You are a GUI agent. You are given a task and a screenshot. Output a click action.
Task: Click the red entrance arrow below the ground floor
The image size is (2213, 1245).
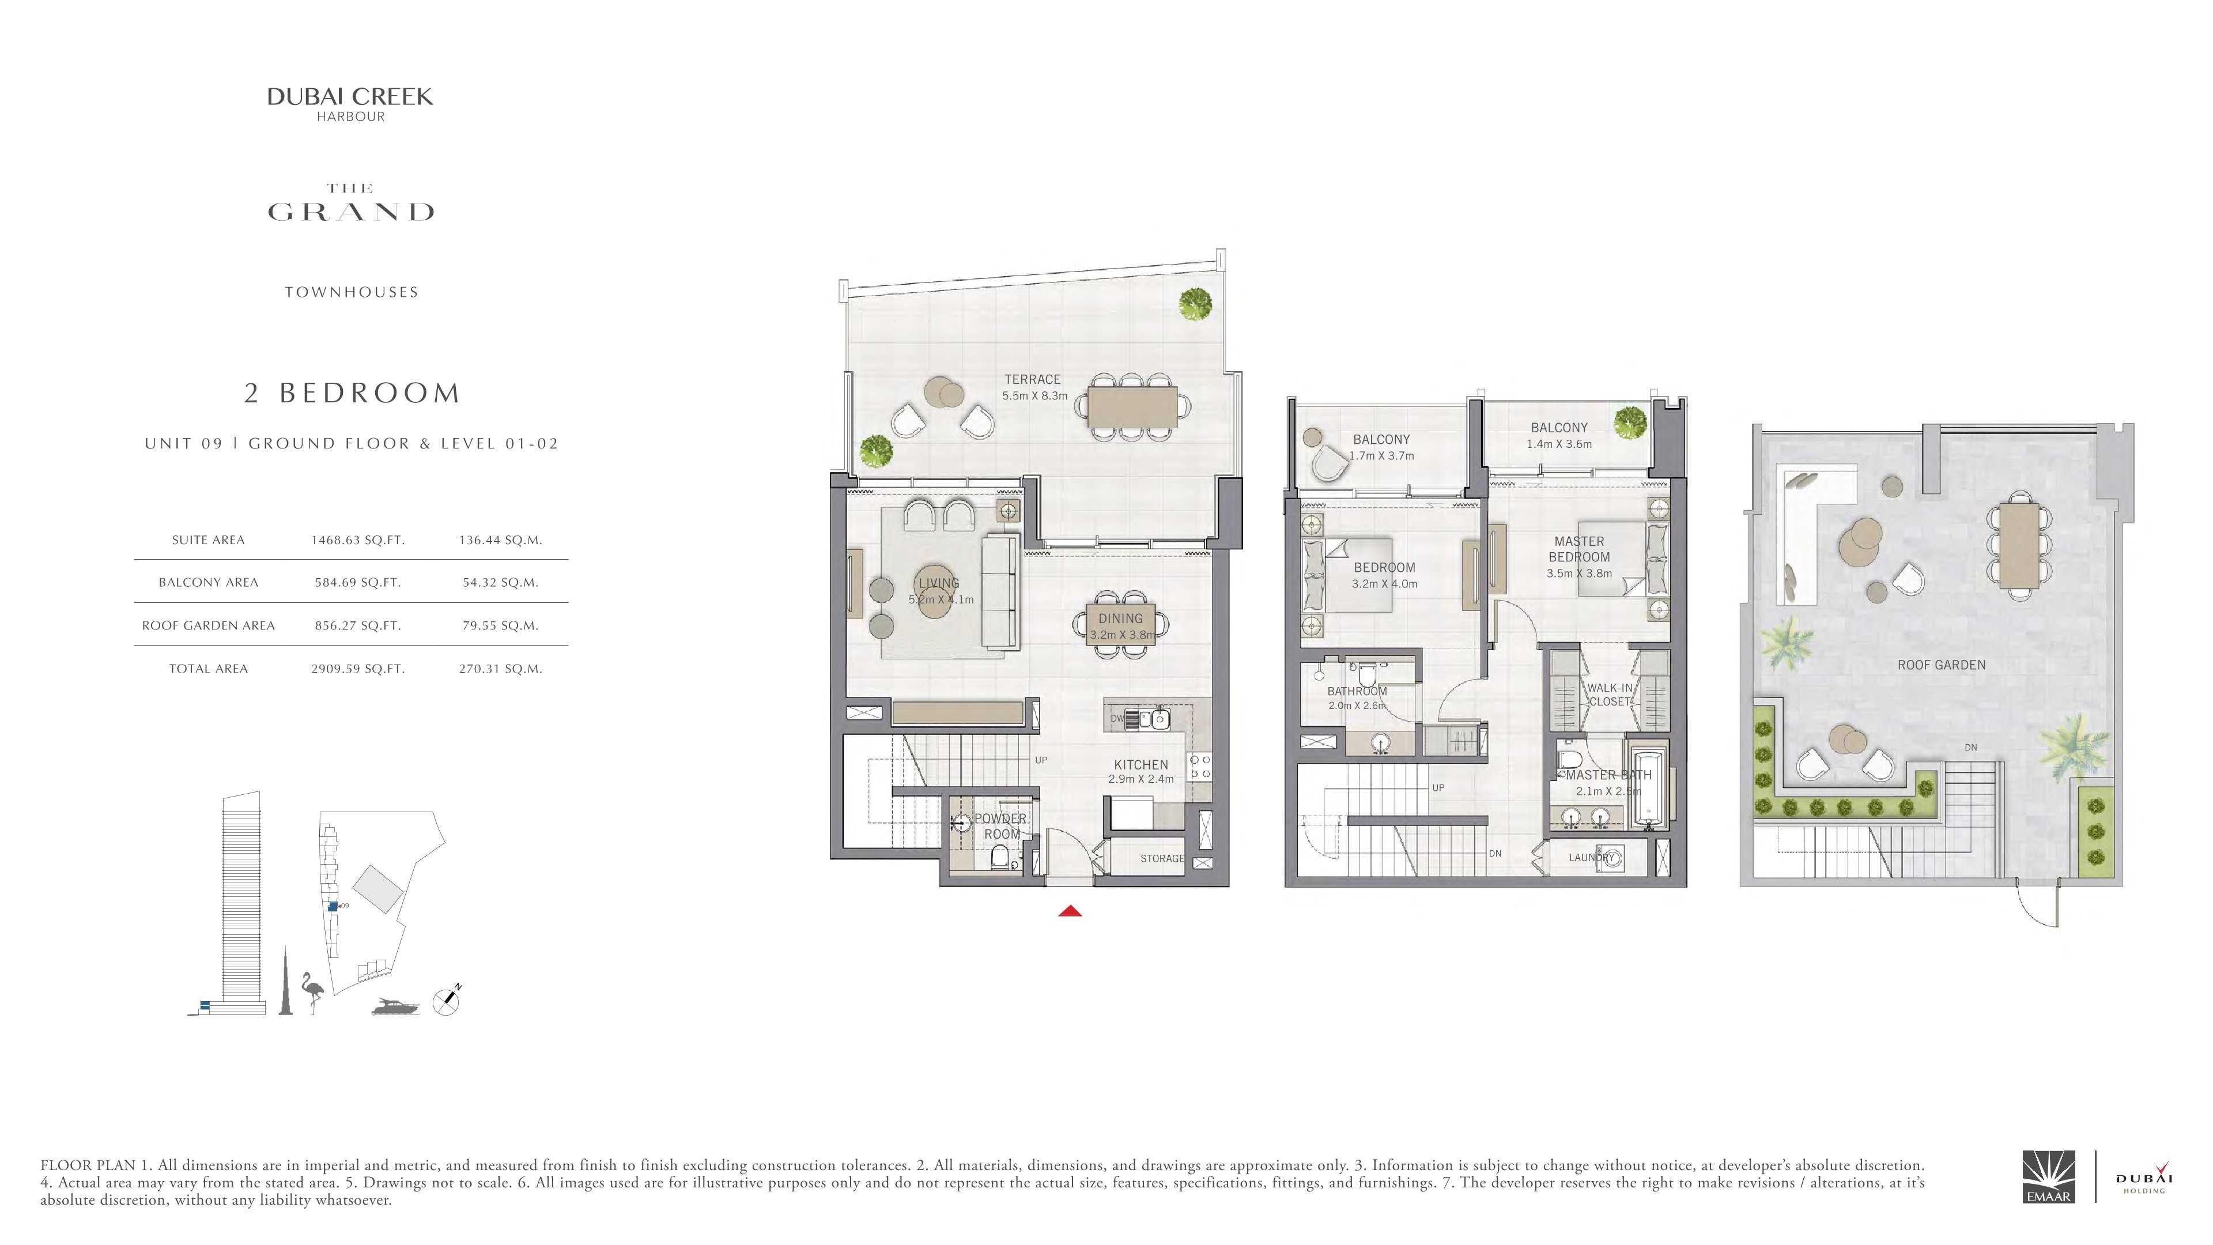point(1070,911)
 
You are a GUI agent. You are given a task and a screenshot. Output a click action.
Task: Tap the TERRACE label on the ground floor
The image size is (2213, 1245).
point(1033,379)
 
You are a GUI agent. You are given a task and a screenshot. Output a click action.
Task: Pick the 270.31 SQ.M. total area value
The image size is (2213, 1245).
point(500,669)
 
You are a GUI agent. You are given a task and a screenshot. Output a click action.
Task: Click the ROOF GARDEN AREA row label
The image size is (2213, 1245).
point(209,625)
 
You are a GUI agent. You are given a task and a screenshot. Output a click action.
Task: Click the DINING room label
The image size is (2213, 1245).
point(1120,618)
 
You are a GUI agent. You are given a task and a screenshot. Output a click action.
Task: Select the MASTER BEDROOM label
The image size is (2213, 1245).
point(1579,549)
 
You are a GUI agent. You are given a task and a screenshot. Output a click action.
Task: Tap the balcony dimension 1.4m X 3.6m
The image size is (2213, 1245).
point(1559,444)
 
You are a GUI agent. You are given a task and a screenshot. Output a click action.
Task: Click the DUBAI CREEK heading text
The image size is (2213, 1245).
point(350,97)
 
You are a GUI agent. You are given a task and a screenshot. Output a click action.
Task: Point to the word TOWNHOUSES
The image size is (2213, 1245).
point(352,292)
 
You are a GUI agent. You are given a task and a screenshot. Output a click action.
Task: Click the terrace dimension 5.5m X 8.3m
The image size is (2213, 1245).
point(1034,396)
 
